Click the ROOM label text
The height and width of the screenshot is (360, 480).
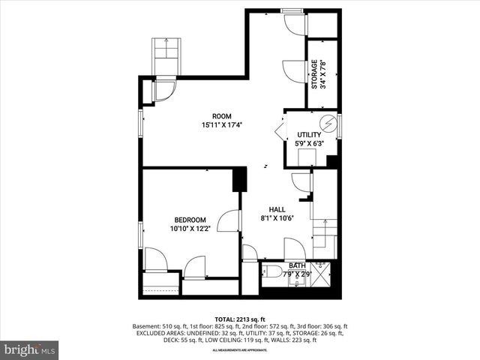[221, 115]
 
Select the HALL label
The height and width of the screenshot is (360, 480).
[277, 209]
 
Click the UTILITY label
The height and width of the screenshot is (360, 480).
[308, 135]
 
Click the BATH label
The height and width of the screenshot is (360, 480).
[298, 265]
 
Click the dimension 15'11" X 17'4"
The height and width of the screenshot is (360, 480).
[221, 125]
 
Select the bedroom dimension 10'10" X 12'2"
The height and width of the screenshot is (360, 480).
[190, 228]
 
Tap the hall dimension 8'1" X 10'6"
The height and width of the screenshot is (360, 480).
[277, 218]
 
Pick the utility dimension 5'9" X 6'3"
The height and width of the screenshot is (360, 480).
[308, 143]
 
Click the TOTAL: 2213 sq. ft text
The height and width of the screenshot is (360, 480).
[240, 318]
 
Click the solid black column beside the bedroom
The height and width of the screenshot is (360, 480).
[240, 181]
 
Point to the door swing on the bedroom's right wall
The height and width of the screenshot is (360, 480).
[229, 221]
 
